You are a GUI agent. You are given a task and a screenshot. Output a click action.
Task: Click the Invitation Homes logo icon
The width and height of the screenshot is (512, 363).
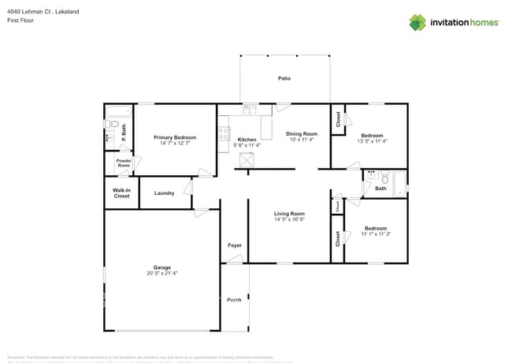(417, 22)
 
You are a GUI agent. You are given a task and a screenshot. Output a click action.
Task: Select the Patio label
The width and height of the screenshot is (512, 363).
(284, 78)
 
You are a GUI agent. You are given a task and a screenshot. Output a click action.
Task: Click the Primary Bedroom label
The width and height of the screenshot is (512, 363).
(175, 137)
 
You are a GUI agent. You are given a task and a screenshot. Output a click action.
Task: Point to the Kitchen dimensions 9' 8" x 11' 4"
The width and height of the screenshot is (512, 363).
(247, 145)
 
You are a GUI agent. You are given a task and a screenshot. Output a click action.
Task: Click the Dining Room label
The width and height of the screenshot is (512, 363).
(301, 133)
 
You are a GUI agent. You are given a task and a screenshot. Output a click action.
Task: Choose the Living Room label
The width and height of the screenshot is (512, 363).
(289, 214)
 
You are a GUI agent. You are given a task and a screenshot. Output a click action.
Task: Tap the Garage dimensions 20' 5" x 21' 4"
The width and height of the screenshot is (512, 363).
(162, 273)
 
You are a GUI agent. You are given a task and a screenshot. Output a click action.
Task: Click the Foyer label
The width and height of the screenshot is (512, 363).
(235, 245)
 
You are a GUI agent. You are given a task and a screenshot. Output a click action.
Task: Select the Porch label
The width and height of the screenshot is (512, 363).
(235, 300)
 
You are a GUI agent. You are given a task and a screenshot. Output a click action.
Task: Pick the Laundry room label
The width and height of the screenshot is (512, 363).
(164, 193)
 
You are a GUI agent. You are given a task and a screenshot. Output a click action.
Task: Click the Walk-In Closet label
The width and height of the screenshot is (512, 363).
(121, 193)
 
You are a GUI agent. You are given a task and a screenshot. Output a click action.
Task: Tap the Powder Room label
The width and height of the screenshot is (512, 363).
(124, 163)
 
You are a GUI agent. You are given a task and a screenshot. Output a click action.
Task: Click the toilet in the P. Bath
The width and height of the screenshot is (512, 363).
(112, 125)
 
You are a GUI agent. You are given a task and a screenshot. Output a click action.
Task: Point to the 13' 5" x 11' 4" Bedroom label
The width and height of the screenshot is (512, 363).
(372, 135)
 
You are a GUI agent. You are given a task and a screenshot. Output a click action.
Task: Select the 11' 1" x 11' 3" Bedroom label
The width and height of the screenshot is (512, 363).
(376, 228)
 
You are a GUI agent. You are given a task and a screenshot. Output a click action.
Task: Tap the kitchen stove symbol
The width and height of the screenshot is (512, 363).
(224, 133)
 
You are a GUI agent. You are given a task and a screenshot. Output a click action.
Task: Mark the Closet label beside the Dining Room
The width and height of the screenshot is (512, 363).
(338, 119)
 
